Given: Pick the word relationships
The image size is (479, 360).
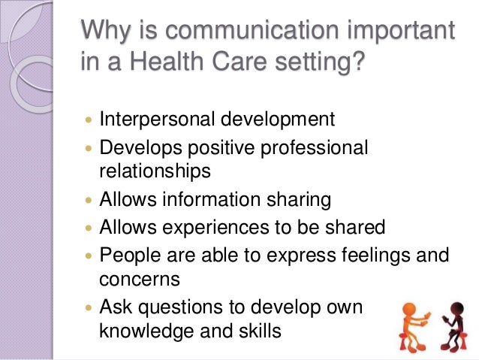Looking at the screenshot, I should (x=155, y=171).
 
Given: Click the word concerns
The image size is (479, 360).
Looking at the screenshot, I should (x=140, y=280).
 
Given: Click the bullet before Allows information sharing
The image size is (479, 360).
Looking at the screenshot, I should (x=89, y=201).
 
